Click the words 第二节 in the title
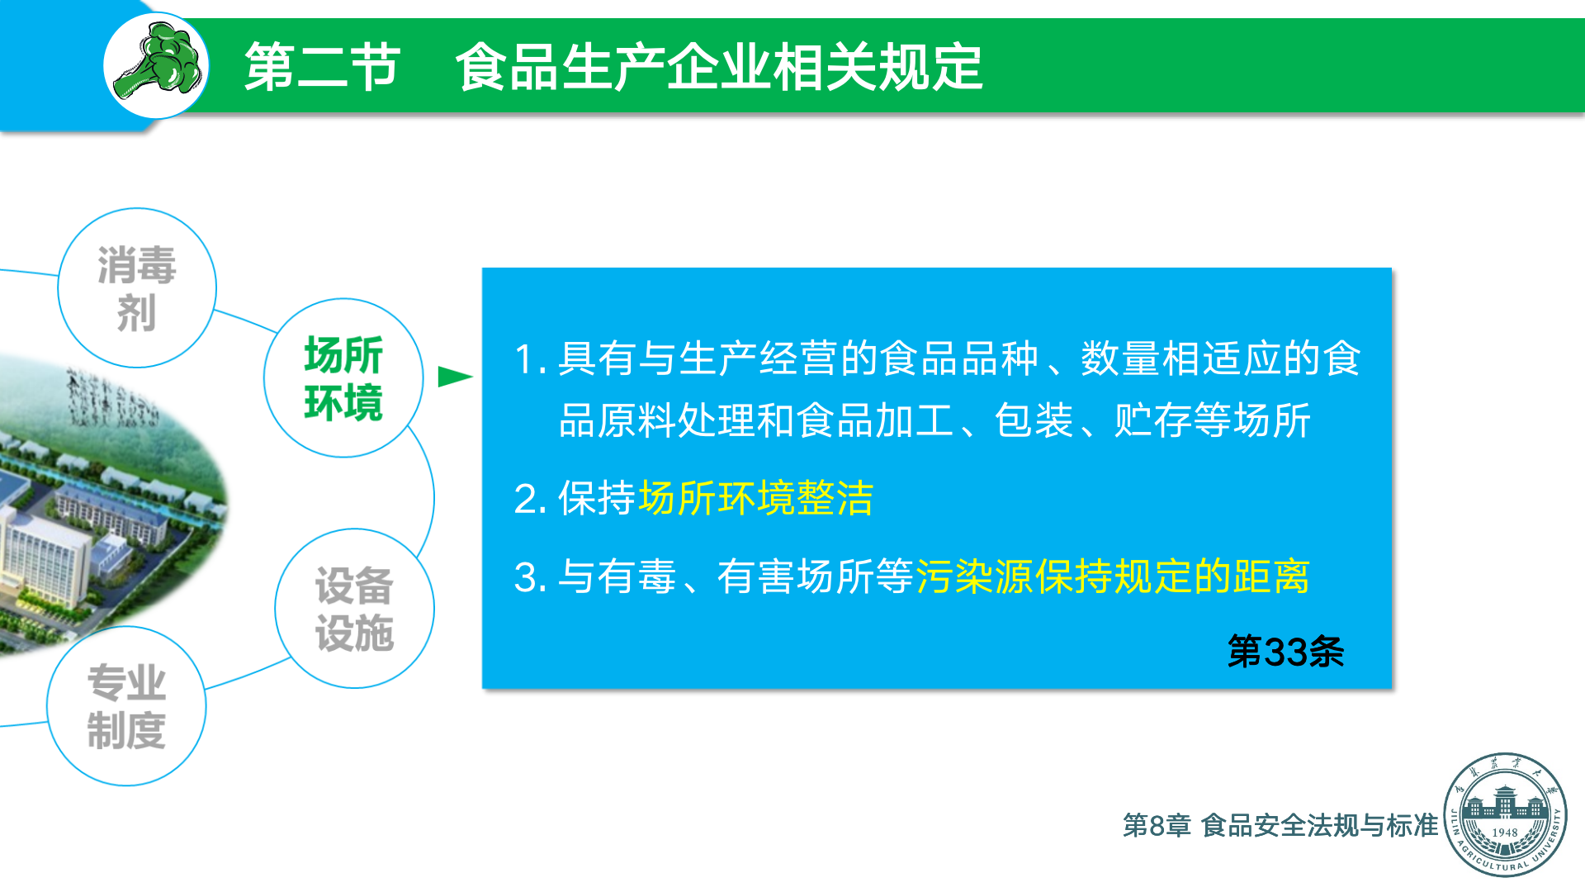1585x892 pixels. coord(323,67)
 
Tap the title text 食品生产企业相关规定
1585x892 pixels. coord(719,67)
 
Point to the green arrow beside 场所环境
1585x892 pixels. coord(455,377)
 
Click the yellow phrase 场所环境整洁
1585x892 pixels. coord(755,498)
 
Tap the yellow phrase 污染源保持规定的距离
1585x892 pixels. coord(1113,576)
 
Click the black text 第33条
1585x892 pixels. coord(1285,652)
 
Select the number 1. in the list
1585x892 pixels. coord(530,359)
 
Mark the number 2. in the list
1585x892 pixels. coord(530,499)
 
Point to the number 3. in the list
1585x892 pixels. coord(530,577)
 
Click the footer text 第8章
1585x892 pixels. coord(1157,825)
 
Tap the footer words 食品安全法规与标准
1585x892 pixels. coord(1320,825)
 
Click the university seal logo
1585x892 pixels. coord(1505,814)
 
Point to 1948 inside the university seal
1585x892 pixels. coord(1505,833)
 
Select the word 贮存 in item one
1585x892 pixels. coord(1153,420)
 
